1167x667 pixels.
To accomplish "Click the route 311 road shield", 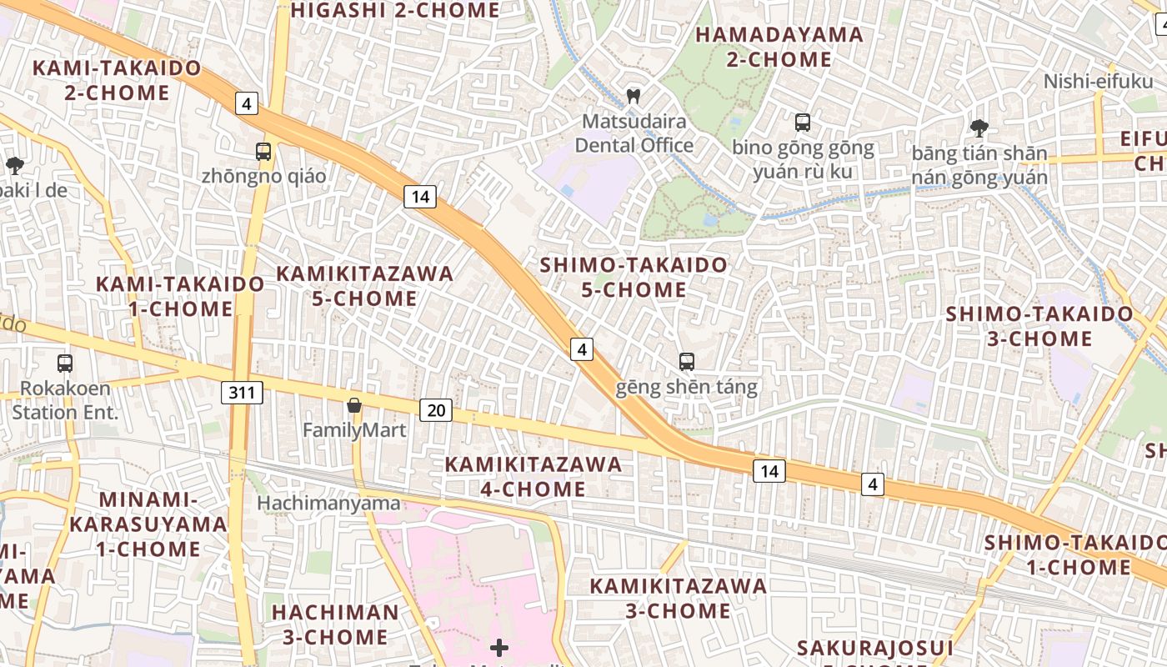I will pos(242,392).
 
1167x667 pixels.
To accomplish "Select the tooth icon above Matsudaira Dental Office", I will pos(634,96).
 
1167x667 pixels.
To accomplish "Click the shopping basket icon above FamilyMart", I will pos(354,406).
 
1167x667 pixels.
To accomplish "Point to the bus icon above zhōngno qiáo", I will pos(263,152).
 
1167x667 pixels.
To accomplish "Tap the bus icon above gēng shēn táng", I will pos(687,362).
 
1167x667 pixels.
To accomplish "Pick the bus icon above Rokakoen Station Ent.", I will pos(65,364).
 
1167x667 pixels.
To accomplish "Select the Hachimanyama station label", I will pos(328,504).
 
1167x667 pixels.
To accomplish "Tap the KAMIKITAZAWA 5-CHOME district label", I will pos(365,286).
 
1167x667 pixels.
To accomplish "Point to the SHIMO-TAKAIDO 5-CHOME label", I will pos(634,278).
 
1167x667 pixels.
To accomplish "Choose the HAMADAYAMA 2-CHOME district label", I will pos(779,47).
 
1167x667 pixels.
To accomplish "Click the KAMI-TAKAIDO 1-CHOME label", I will pos(180,296).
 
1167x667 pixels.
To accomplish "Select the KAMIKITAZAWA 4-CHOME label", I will pos(533,477).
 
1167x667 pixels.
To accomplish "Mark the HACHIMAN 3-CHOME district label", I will pos(335,624).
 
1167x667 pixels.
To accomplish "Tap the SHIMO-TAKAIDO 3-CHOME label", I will pos(1039,326).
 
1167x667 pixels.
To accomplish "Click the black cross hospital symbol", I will pos(499,648).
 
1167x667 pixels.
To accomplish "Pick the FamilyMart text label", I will pos(354,430).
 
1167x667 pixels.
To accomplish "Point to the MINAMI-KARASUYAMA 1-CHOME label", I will pos(148,524).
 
